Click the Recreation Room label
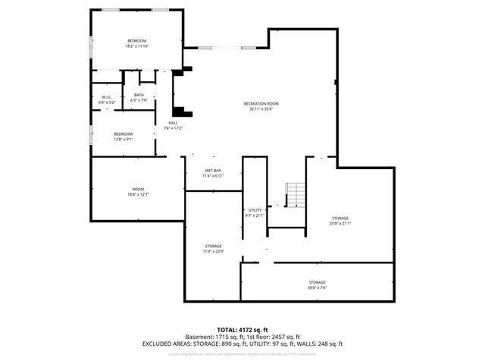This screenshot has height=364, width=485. pyautogui.click(x=261, y=103)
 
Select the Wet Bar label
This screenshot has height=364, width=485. pyautogui.click(x=212, y=170)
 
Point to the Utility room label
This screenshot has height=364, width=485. pyautogui.click(x=255, y=210)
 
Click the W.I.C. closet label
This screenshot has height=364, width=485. pyautogui.click(x=108, y=97)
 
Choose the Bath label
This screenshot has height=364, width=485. pyautogui.click(x=139, y=95)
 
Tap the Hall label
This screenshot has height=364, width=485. pyautogui.click(x=173, y=122)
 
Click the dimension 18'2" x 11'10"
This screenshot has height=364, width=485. pyautogui.click(x=136, y=46)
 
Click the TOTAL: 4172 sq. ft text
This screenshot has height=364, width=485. pyautogui.click(x=242, y=329)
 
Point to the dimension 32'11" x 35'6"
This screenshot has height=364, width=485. pyautogui.click(x=261, y=109)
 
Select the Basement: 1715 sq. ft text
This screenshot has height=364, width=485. pyautogui.click(x=213, y=337)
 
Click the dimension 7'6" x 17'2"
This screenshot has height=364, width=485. pyautogui.click(x=173, y=127)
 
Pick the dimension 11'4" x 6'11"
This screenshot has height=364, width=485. pyautogui.click(x=212, y=176)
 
